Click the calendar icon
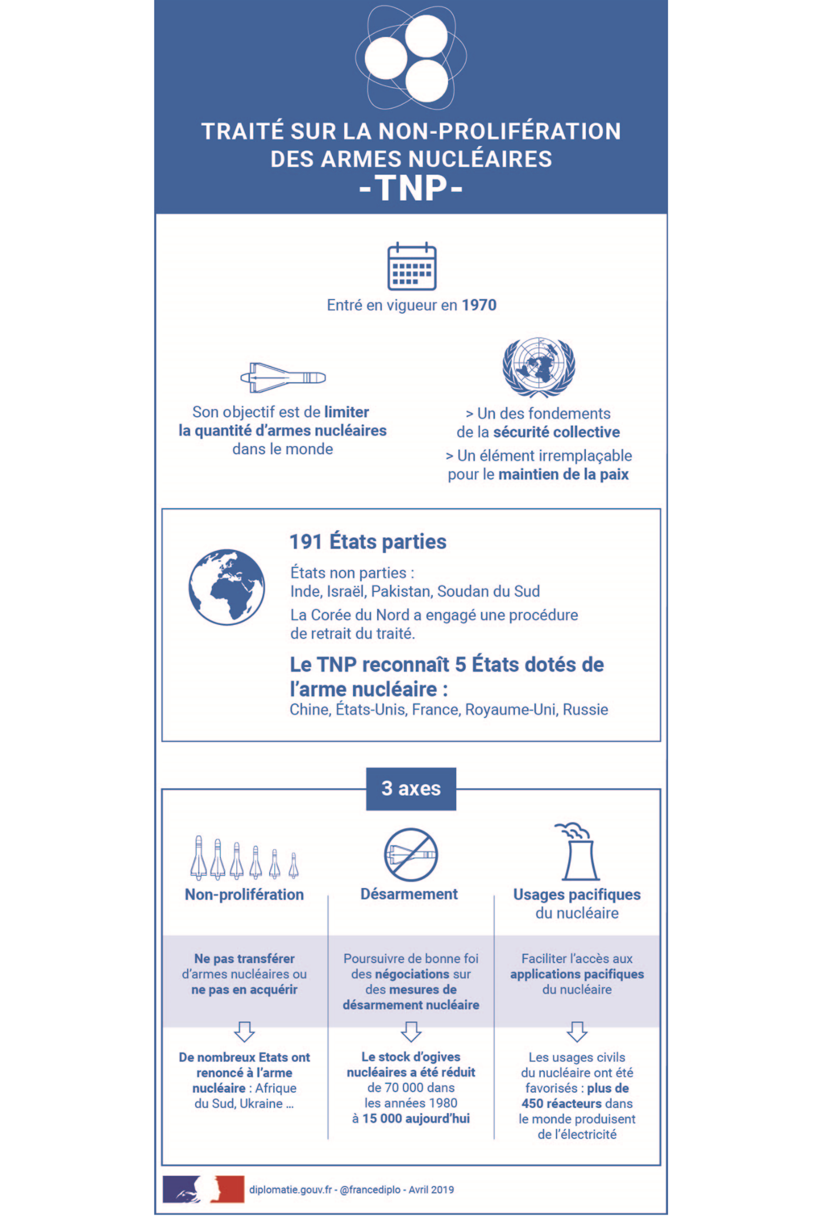coord(412,267)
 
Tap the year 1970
coord(479,305)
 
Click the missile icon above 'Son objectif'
coord(283,377)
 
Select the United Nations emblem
coord(539,368)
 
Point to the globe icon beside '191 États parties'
coord(227,587)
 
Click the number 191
coord(305,541)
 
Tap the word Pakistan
coord(400,591)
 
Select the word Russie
coord(586,709)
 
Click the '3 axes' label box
coord(411,789)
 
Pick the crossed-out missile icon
coord(411,855)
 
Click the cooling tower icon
coord(578,853)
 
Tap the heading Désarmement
coord(409,894)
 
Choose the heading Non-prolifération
coord(244,894)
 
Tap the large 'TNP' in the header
coord(411,189)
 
